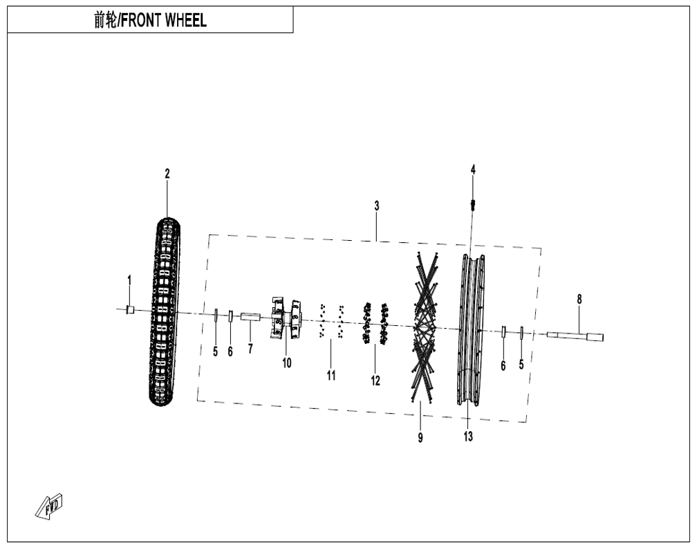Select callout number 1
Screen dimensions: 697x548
coord(129,281)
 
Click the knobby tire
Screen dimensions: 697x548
coord(165,311)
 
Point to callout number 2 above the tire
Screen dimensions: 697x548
coord(167,174)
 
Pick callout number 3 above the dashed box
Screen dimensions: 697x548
coord(376,206)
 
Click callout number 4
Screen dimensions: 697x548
coord(473,170)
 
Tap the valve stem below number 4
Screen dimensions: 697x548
coord(473,205)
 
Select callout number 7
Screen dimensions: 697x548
coord(250,349)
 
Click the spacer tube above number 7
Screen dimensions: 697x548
coord(250,317)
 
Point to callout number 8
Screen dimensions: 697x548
coord(579,300)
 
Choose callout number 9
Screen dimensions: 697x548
coord(420,438)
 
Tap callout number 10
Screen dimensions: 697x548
coord(287,363)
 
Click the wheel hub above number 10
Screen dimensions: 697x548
coord(286,318)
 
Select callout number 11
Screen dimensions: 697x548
coord(331,376)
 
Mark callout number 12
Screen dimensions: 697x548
coord(375,381)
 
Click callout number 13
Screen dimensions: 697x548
coord(468,437)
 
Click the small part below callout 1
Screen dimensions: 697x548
coord(130,309)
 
